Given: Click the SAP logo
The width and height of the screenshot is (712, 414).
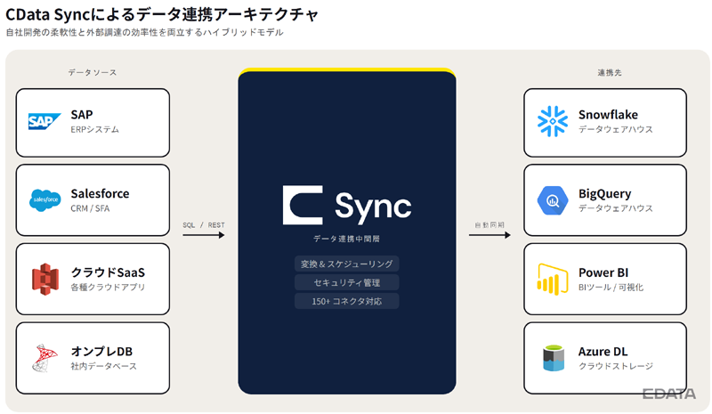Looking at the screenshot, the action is click(44, 121).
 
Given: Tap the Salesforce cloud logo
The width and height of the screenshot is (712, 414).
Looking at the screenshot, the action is click(45, 200).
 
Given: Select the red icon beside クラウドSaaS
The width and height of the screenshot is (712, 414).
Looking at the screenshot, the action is click(45, 279).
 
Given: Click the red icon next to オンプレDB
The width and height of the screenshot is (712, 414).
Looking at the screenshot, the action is click(45, 358).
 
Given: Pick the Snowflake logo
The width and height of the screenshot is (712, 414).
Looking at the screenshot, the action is click(553, 121).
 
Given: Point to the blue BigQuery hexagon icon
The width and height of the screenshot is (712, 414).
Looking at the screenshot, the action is click(553, 200).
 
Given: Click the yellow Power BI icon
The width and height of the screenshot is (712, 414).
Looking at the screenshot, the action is click(553, 279).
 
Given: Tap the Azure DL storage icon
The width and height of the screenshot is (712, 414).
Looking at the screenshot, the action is click(554, 358).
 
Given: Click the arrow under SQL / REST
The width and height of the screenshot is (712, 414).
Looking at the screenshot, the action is click(204, 235).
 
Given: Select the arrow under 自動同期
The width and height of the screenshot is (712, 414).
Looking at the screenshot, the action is click(489, 235).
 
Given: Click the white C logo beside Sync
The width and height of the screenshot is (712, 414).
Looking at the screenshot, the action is click(303, 205).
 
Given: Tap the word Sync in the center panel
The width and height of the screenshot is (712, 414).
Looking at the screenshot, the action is click(373, 207).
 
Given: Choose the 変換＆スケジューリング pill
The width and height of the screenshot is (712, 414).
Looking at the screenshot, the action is click(346, 264).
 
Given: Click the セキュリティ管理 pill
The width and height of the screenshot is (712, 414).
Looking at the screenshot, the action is click(346, 282).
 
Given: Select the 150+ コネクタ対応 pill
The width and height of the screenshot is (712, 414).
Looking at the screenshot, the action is click(346, 301).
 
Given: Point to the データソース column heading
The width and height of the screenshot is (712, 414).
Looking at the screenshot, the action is click(93, 72).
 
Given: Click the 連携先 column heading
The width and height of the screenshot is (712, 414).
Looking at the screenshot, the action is click(610, 72).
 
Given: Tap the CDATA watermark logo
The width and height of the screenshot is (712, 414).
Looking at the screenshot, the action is click(669, 394).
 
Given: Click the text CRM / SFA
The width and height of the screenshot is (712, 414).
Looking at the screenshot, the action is click(90, 208).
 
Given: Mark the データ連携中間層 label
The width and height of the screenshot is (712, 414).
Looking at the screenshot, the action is click(346, 239).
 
